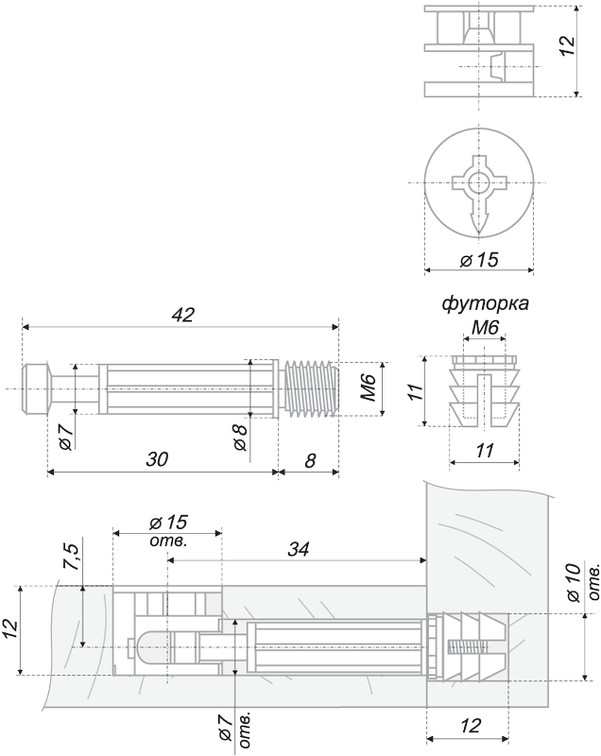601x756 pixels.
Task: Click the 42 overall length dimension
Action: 183,315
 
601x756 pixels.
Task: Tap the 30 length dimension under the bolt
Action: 157,459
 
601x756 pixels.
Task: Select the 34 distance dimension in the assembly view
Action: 299,549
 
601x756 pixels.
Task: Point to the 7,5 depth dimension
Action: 73,556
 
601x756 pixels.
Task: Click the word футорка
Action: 486,303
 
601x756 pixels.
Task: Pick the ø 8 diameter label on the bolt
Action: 240,438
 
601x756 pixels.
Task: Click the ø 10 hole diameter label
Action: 574,582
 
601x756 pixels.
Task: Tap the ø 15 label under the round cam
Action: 479,260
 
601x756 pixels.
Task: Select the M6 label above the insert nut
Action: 485,328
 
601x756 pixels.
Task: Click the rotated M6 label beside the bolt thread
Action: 368,388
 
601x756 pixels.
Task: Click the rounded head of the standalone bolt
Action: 35,388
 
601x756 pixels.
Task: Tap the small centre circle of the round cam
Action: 479,182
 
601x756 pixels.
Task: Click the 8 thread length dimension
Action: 310,460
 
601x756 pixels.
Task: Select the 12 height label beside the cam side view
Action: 568,45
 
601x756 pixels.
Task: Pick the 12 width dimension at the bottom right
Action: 471,725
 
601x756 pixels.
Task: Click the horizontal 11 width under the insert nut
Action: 485,451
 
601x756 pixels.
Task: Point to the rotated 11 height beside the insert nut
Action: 415,390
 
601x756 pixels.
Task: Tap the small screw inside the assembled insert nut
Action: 468,646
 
